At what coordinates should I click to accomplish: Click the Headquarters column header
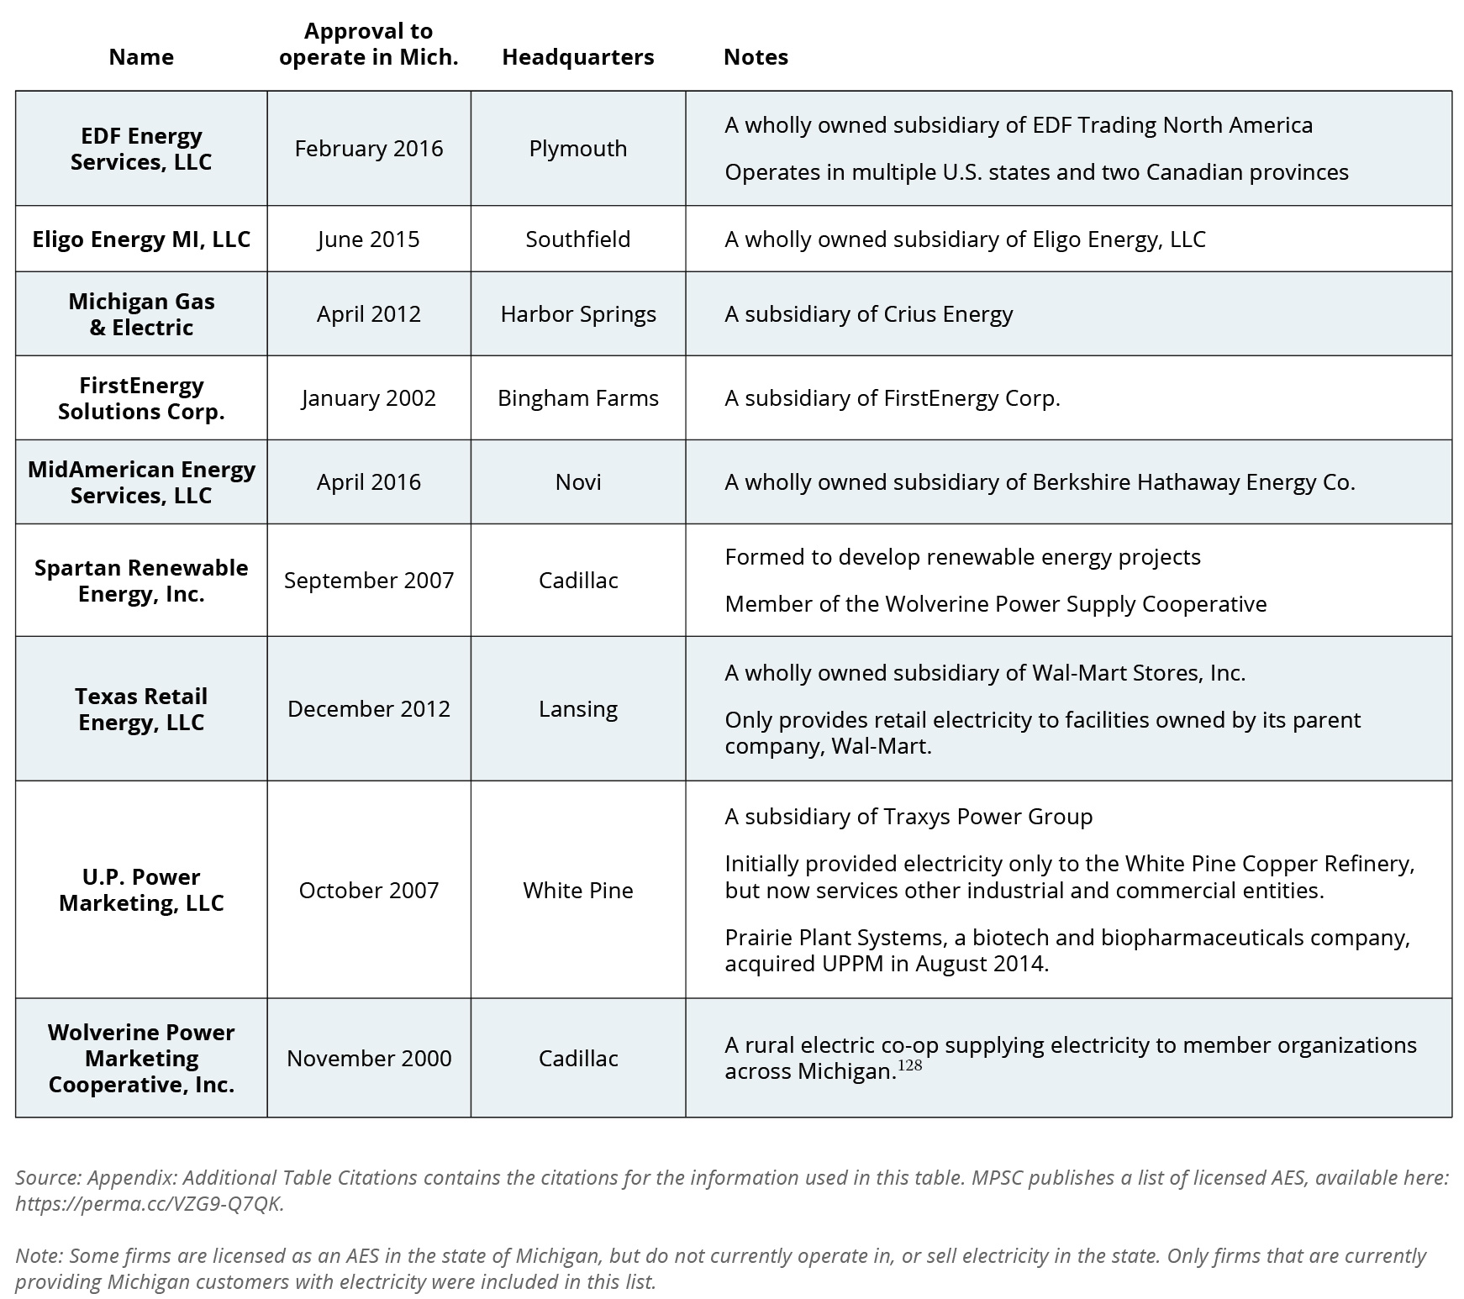coord(577,57)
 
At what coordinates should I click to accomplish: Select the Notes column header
coord(756,57)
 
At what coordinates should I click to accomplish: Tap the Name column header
coord(141,57)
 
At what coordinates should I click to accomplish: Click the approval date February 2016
coord(368,149)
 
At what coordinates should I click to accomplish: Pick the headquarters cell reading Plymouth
coord(577,149)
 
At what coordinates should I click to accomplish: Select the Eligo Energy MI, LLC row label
coord(141,239)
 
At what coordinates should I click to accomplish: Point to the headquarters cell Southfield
coord(577,239)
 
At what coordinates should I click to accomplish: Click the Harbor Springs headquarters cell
coord(577,314)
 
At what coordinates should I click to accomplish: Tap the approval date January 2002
coord(368,398)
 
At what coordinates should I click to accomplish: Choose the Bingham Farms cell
coord(577,398)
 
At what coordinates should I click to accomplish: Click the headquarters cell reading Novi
coord(577,482)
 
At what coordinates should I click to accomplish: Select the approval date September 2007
coord(368,581)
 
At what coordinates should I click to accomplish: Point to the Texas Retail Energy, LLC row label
coord(141,709)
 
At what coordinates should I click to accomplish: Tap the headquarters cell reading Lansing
coord(577,709)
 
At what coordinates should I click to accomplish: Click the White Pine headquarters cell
coord(577,891)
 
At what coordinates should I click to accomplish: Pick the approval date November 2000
coord(368,1059)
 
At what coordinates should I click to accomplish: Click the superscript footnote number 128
coord(909,1065)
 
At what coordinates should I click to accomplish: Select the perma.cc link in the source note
coord(149,1203)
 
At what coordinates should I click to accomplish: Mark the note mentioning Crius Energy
coord(868,314)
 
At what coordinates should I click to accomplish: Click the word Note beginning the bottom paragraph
coord(38,1255)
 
